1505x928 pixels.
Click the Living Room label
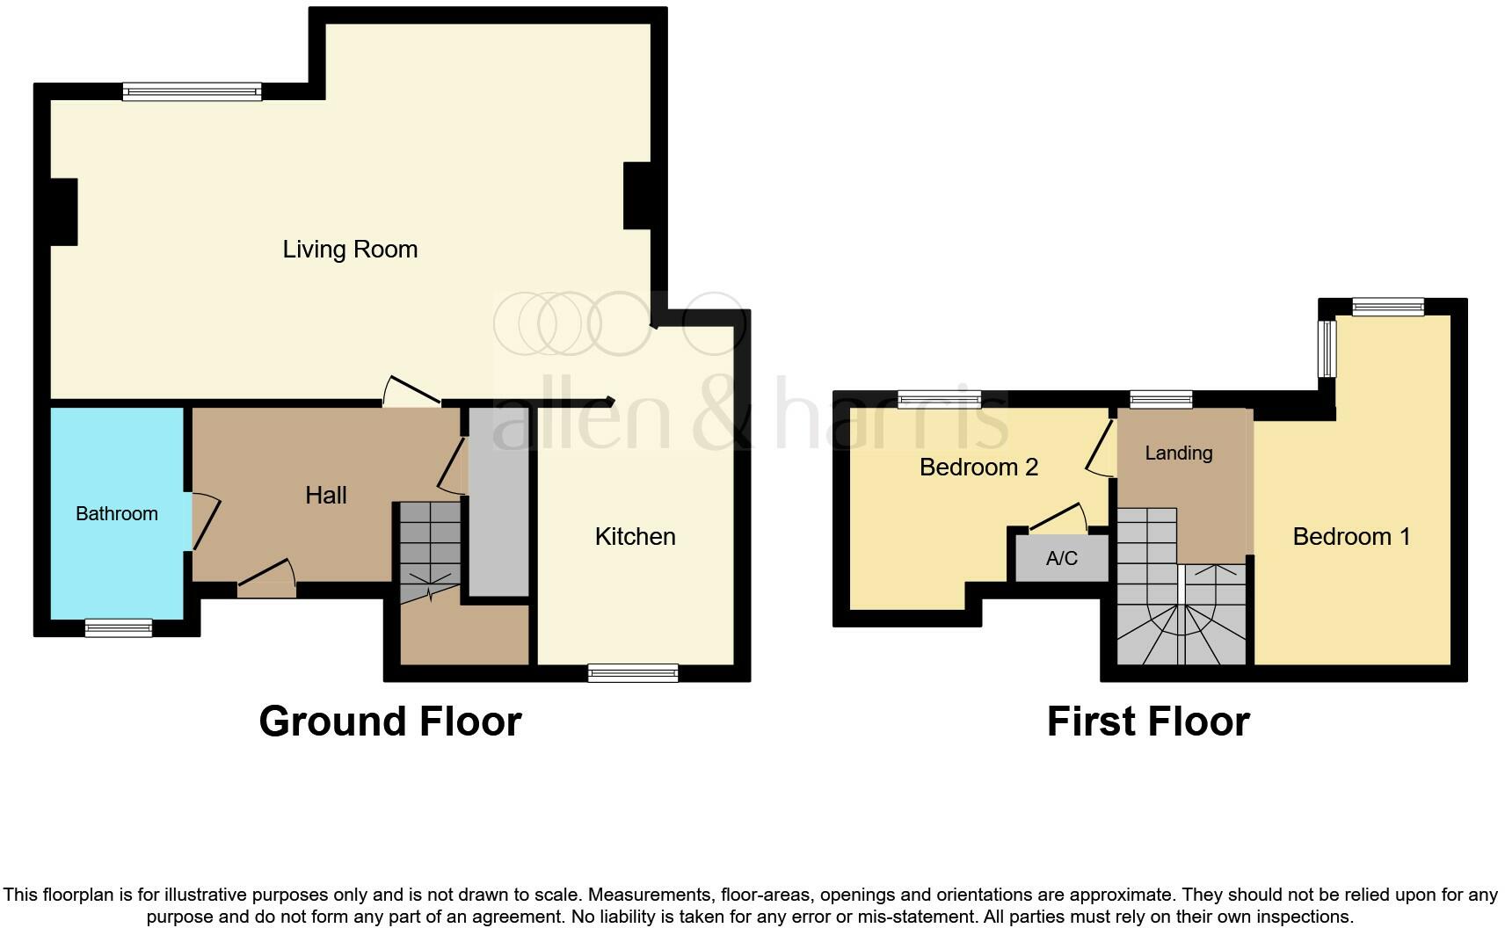(350, 250)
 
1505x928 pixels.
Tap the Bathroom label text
(116, 514)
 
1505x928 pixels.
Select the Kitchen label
(635, 537)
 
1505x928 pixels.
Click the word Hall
(325, 496)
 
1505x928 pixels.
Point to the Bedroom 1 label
(1351, 537)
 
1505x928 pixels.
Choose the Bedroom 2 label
(978, 468)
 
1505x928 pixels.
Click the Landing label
(1178, 453)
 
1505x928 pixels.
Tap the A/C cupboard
(1061, 559)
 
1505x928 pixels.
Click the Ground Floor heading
(389, 721)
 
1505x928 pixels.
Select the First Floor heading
(1147, 721)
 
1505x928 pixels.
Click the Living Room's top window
(192, 91)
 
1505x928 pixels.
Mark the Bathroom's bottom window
(119, 627)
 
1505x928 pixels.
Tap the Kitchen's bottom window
(633, 673)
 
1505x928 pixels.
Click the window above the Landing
(1160, 400)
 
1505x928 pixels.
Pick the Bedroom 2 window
(939, 400)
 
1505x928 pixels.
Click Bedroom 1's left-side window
(1327, 348)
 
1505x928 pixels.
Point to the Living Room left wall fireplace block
(63, 212)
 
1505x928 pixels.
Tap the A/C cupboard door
(1058, 518)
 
